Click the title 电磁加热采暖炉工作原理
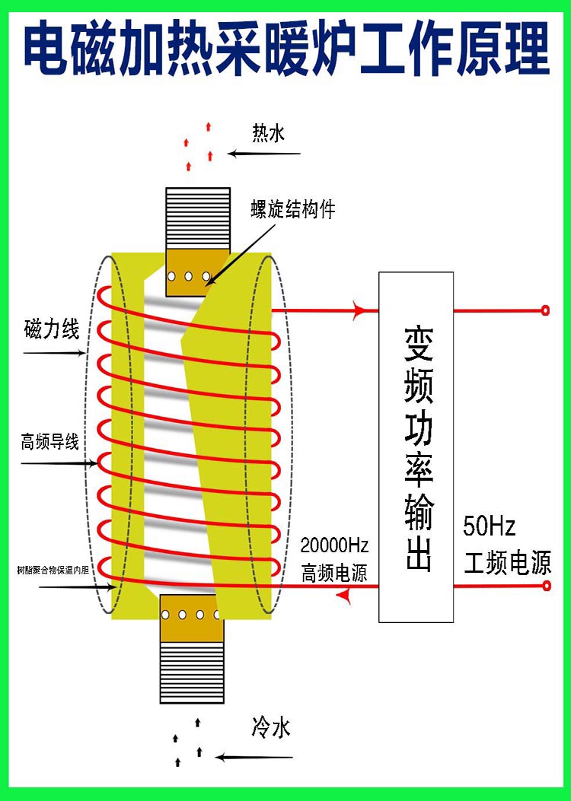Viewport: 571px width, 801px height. point(285,47)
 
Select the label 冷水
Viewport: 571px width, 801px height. point(270,728)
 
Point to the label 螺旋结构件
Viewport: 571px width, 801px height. point(293,209)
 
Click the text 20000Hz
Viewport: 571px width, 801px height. point(334,545)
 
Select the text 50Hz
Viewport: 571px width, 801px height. point(490,526)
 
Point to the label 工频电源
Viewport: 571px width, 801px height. point(508,564)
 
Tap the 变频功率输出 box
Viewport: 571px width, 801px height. point(416,447)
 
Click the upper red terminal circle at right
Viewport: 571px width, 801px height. point(545,310)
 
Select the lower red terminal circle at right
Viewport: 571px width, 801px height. point(545,586)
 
